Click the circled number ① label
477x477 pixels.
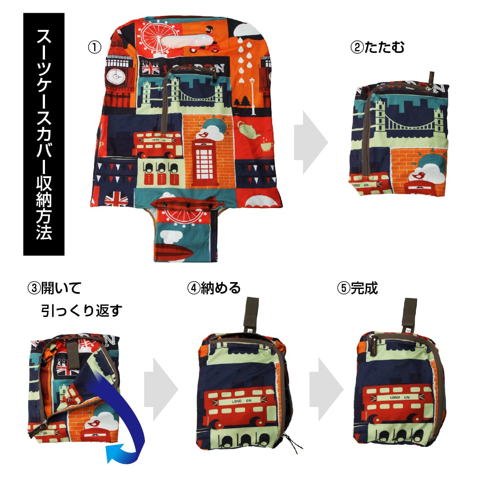94,47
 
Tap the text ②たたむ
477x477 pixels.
378,47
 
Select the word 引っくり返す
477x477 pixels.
81,311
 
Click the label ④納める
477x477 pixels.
214,288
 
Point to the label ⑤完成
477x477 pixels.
358,288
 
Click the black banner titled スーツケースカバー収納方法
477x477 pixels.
44,134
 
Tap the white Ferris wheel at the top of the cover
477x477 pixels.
156,38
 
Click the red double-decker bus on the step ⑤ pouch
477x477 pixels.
397,403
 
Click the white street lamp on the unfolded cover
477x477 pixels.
252,96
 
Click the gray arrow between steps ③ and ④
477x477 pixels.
161,389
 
